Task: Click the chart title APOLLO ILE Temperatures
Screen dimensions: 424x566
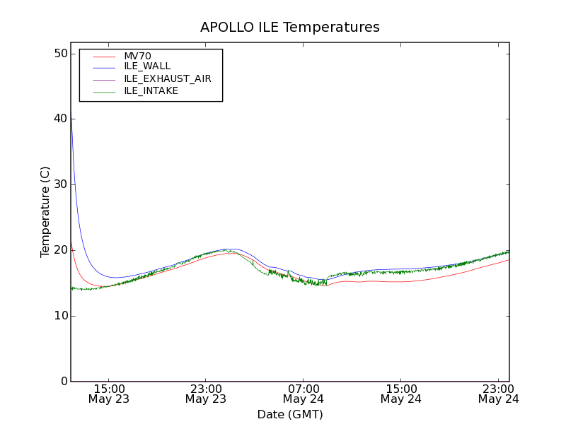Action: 289,28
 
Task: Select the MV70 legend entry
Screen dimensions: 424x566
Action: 137,57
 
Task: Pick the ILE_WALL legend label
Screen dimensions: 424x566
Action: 147,66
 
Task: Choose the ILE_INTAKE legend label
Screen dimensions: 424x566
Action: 151,90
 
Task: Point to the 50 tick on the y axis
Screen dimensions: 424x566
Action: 59,54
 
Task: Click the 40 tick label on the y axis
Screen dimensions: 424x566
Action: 59,119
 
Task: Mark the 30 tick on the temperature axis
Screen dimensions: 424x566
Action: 59,184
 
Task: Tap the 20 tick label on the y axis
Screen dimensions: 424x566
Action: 59,250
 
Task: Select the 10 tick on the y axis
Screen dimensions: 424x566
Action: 59,316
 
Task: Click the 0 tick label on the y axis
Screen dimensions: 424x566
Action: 63,382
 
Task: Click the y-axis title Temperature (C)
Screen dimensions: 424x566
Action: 45,212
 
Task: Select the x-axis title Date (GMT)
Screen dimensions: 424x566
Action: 289,414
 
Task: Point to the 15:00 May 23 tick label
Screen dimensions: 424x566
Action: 109,394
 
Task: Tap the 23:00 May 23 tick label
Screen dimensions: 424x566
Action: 206,394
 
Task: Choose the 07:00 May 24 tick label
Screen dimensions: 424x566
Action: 304,394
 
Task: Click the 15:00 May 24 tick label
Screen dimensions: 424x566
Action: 401,394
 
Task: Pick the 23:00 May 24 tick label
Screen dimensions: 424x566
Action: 498,394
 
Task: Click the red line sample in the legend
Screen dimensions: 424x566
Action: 104,57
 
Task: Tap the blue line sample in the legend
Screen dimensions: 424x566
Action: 104,66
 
